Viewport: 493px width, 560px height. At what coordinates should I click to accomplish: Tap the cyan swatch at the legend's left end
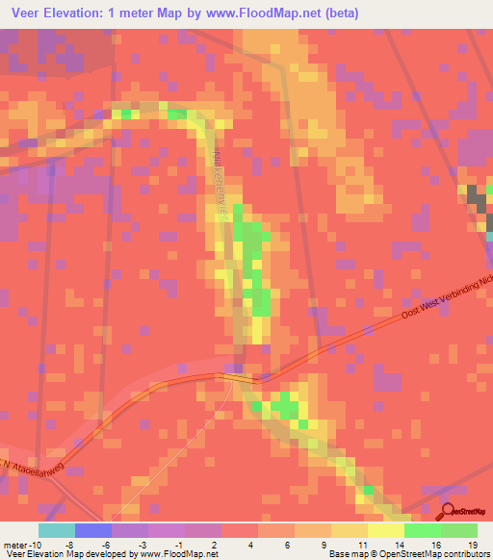(x=57, y=531)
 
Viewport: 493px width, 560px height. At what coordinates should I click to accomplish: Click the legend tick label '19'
(x=473, y=545)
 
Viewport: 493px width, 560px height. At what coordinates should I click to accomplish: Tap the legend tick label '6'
(x=284, y=545)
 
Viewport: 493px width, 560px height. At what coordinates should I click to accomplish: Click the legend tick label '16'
(x=435, y=545)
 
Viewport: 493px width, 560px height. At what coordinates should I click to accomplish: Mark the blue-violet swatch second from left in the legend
(x=93, y=531)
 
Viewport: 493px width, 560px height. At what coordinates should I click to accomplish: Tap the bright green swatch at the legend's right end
(x=459, y=531)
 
